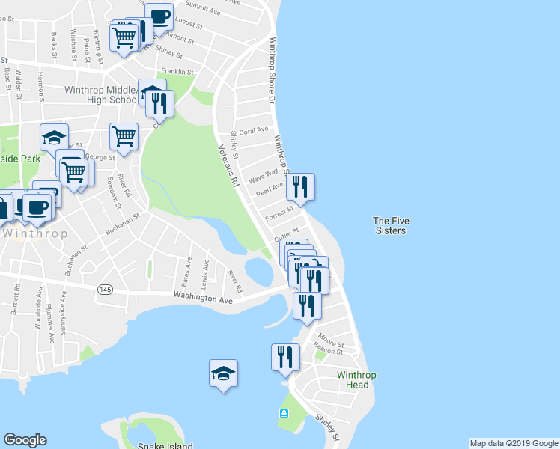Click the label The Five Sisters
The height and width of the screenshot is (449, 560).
(390, 225)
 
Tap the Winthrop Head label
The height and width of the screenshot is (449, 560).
(353, 379)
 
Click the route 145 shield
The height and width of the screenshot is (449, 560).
(103, 288)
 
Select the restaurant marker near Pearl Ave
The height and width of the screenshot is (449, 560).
(300, 186)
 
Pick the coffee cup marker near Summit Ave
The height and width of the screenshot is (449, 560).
(159, 16)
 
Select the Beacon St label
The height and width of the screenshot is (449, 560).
(329, 349)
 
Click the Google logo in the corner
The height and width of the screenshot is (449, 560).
(25, 440)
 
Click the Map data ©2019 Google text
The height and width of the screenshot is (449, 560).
(514, 443)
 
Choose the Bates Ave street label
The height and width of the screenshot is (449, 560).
(187, 272)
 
